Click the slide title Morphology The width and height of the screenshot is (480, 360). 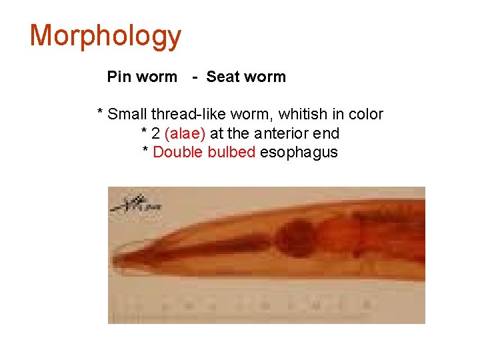[105, 36]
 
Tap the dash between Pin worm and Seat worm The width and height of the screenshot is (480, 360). [194, 77]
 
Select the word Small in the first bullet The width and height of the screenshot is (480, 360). [127, 114]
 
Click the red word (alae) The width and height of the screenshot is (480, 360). [185, 133]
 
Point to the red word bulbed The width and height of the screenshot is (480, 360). [231, 152]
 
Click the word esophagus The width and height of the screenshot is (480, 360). [299, 153]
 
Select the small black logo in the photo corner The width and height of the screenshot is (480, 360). [137, 203]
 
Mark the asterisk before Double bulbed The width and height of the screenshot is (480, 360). [146, 151]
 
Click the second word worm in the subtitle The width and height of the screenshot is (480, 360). [265, 77]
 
